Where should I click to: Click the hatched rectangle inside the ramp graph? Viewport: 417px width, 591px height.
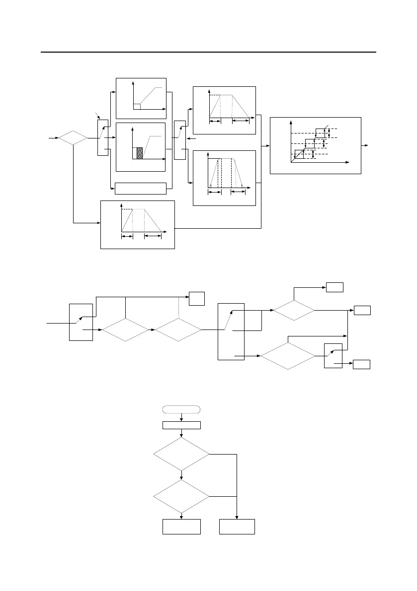click(x=140, y=153)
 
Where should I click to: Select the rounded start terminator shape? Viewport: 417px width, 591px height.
click(x=182, y=409)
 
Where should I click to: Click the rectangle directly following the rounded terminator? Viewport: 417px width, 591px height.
click(x=182, y=425)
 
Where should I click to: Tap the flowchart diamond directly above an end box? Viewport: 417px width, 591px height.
click(x=182, y=496)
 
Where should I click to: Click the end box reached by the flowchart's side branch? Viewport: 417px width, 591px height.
click(x=237, y=526)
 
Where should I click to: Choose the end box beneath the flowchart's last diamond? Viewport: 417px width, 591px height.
click(x=182, y=526)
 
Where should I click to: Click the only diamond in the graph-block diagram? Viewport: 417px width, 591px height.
click(x=73, y=138)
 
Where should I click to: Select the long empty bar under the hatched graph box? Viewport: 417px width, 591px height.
click(x=140, y=189)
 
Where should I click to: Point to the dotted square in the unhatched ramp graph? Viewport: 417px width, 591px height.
click(x=137, y=106)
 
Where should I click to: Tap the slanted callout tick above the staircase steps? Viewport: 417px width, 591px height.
click(x=327, y=126)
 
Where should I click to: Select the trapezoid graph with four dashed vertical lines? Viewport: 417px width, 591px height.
click(x=224, y=177)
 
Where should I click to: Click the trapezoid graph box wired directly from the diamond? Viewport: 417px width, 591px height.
click(x=138, y=224)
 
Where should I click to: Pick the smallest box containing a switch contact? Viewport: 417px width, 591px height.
click(x=333, y=356)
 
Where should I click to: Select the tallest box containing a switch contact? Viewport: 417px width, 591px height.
click(x=231, y=331)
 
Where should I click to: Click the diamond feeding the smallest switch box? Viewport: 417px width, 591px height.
click(x=288, y=356)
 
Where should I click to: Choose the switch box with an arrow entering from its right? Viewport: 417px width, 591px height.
click(x=179, y=137)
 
